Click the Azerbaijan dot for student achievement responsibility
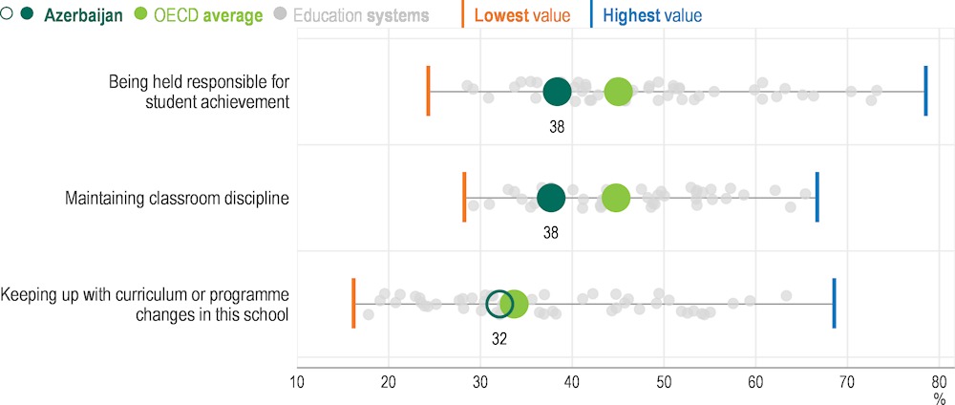(x=557, y=92)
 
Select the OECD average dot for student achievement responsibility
(x=618, y=92)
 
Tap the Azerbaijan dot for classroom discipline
(x=551, y=198)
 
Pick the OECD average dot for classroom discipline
(x=616, y=198)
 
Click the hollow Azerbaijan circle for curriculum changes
(x=499, y=304)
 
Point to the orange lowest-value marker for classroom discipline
(x=464, y=198)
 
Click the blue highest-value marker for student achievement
(x=925, y=92)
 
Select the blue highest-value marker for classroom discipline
(x=817, y=198)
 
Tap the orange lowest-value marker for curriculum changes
(x=353, y=304)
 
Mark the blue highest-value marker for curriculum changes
(x=834, y=304)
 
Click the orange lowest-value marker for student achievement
(x=428, y=92)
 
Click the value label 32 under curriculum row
(x=499, y=338)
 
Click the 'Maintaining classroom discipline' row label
(x=177, y=198)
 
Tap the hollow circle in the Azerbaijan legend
(x=8, y=15)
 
